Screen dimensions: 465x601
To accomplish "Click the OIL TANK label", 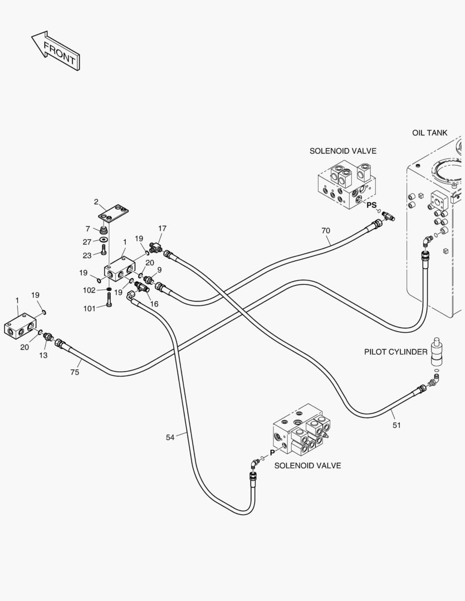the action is (430, 132).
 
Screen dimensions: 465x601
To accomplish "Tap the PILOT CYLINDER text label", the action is (395, 352).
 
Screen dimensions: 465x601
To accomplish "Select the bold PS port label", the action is (371, 205).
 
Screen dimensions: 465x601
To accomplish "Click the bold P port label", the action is (272, 452).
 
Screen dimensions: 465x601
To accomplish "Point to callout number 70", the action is (325, 231).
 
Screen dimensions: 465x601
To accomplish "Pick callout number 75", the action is (75, 372).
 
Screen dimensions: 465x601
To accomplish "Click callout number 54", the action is (170, 437).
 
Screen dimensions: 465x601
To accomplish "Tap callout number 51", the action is (397, 425).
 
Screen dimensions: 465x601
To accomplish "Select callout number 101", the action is (90, 308).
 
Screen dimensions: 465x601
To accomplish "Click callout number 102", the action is (89, 290).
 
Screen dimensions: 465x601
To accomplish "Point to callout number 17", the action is (162, 229).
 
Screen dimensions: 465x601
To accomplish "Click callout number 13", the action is (43, 355).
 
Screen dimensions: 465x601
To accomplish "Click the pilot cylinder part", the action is (437, 352).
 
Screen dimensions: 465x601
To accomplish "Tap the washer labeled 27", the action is (103, 240).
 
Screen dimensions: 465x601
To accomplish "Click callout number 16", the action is (154, 304).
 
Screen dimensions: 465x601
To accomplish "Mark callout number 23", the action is (87, 255).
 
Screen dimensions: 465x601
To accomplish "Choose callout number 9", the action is (159, 270).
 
